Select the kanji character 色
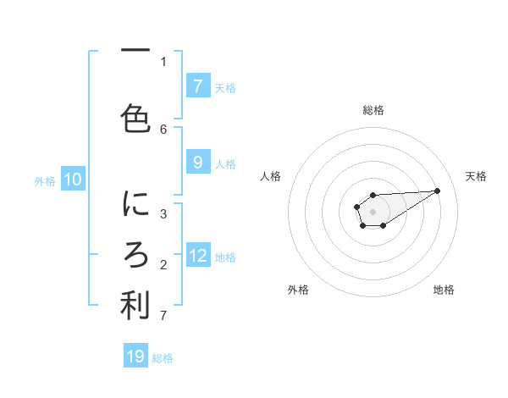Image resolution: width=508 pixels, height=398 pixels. pos(135,119)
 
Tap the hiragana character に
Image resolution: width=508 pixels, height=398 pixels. pos(135,204)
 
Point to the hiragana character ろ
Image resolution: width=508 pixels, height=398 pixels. pos(135,255)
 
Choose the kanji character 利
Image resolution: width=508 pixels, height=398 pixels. pos(135,306)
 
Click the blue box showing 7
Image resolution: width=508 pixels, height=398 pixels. pos(197,86)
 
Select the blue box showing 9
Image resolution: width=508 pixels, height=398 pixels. pos(197,162)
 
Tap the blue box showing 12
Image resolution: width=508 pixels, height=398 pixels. pos(197,255)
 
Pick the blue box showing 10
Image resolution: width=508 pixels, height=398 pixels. pos(72,179)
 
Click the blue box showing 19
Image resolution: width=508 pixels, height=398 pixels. pos(135,357)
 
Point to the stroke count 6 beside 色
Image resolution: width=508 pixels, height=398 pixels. pos(163,129)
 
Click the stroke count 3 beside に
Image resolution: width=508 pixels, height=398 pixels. pos(163,213)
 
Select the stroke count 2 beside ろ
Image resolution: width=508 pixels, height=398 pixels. pos(163,265)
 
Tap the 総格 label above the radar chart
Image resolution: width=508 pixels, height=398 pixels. pos(373,110)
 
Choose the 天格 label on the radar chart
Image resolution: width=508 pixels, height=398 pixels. pos(476,176)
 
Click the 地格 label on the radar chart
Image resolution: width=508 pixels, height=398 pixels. pos(444,290)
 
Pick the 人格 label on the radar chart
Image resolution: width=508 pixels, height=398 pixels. pos(271,176)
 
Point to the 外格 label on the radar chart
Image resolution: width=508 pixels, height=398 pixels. pos(298,290)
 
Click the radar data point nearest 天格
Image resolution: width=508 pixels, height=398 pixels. pos(438,190)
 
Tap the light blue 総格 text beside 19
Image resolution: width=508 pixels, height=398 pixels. pos(163,358)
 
